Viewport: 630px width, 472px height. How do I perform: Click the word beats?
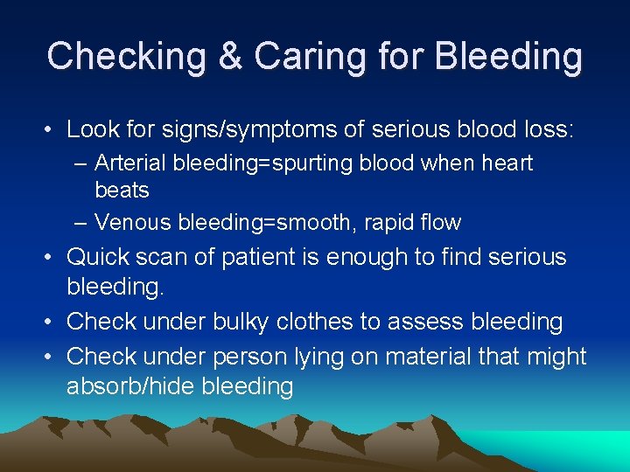pyautogui.click(x=122, y=190)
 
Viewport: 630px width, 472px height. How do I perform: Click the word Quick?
pyautogui.click(x=98, y=257)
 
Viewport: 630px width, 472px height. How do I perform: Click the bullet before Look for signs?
pyautogui.click(x=51, y=130)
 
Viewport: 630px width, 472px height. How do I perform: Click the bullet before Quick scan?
pyautogui.click(x=51, y=257)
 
